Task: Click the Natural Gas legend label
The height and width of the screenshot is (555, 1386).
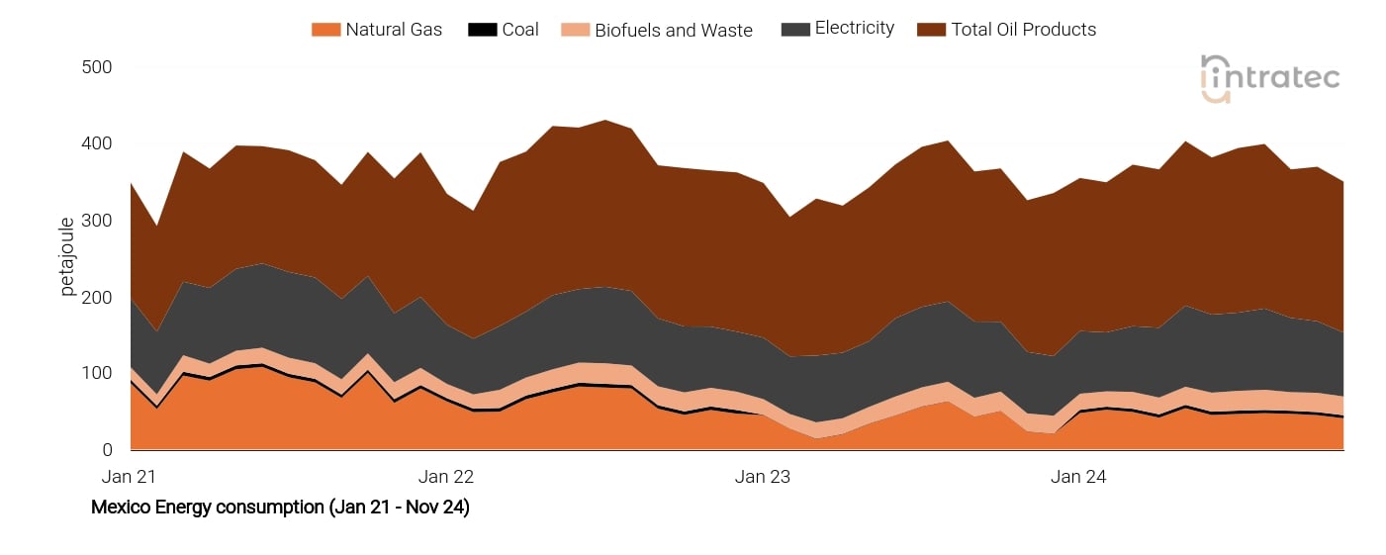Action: (x=394, y=30)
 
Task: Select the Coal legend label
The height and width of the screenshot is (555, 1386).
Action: (x=520, y=30)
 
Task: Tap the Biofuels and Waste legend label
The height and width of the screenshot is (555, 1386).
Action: (x=674, y=30)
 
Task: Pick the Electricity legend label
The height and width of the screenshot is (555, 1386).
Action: (x=855, y=29)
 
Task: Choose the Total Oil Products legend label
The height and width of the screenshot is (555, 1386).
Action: (x=1024, y=30)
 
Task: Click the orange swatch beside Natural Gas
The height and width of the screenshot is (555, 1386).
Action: (x=324, y=30)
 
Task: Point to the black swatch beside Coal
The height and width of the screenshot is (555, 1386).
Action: (x=482, y=30)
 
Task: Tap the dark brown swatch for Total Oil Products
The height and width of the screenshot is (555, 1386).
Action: (x=931, y=30)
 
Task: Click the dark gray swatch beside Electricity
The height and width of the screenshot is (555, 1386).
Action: (x=794, y=30)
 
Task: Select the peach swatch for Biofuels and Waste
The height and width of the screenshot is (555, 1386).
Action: (x=574, y=30)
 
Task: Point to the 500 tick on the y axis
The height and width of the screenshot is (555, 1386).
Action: (x=97, y=67)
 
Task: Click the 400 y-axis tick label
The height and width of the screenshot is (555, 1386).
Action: (x=97, y=144)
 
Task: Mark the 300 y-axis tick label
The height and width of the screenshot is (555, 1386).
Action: (x=97, y=221)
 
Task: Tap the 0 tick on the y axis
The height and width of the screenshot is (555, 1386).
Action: (x=106, y=450)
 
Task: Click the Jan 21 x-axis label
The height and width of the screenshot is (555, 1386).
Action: (x=131, y=477)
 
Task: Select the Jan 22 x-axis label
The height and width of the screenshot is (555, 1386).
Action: (x=449, y=477)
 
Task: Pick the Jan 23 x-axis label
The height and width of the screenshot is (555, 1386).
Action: (x=763, y=477)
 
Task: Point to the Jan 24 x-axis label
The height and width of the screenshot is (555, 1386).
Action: (x=1078, y=477)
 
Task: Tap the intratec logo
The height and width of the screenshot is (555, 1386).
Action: (x=1270, y=78)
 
